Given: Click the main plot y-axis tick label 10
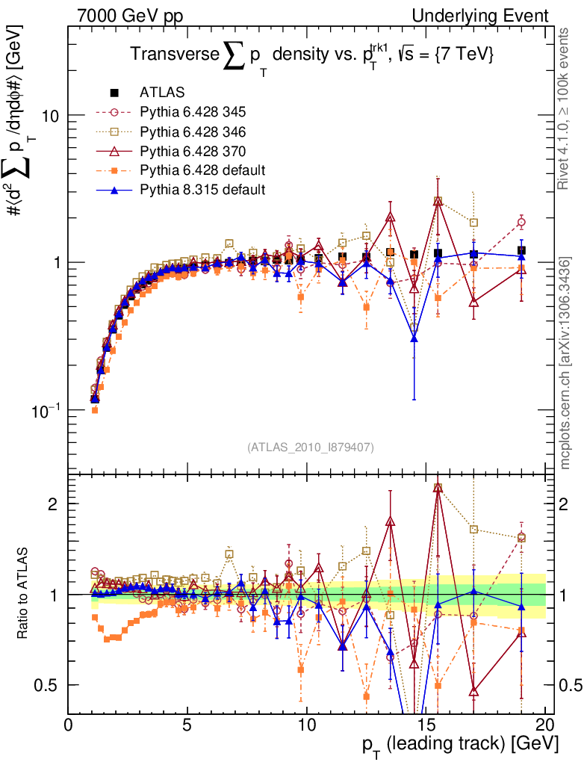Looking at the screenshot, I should coord(48,116).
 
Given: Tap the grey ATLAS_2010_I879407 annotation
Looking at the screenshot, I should coord(310,447).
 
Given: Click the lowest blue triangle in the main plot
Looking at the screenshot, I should coord(414,339).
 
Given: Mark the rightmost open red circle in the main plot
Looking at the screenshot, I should coord(521,222).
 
